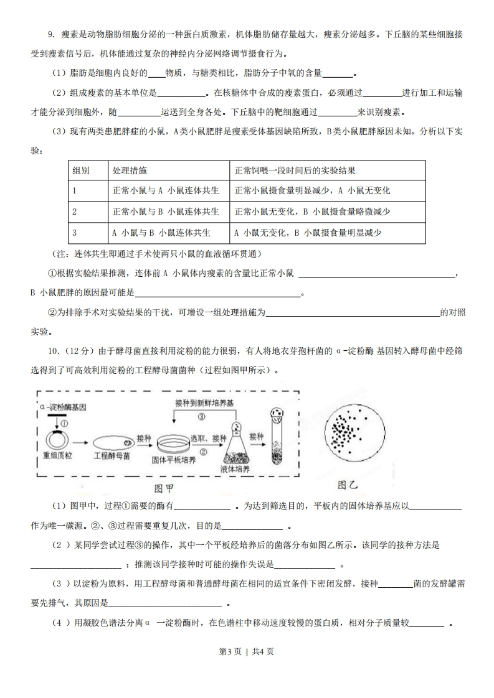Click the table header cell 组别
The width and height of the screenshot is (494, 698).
tap(81, 170)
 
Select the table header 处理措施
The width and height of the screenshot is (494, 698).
tap(130, 170)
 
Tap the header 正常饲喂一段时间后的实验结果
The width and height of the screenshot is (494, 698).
tap(295, 170)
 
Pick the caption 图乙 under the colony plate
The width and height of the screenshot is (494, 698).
tap(349, 484)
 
